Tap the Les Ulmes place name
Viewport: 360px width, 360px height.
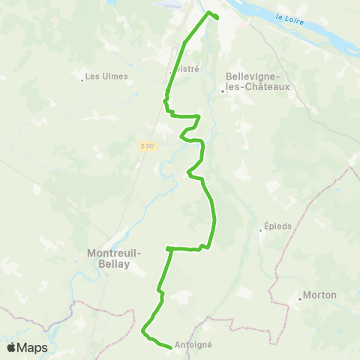coord(106,76)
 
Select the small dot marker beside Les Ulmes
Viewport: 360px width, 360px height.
coord(82,77)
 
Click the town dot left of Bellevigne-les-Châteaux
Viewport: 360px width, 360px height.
coord(223,91)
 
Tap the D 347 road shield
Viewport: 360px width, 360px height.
coord(147,146)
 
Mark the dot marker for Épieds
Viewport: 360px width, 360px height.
coord(262,231)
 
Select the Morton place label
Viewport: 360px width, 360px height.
coord(321,295)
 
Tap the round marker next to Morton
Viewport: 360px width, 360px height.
coord(300,298)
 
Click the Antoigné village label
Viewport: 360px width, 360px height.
coord(193,345)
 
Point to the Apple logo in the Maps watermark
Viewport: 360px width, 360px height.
coord(11,347)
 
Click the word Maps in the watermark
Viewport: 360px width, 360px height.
coord(32,347)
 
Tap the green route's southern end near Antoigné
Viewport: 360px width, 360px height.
coord(171,347)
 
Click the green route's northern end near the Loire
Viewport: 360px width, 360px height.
coord(217,17)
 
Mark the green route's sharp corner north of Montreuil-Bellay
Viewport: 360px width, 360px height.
coord(168,247)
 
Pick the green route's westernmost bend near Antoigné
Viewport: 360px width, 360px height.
coord(143,329)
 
